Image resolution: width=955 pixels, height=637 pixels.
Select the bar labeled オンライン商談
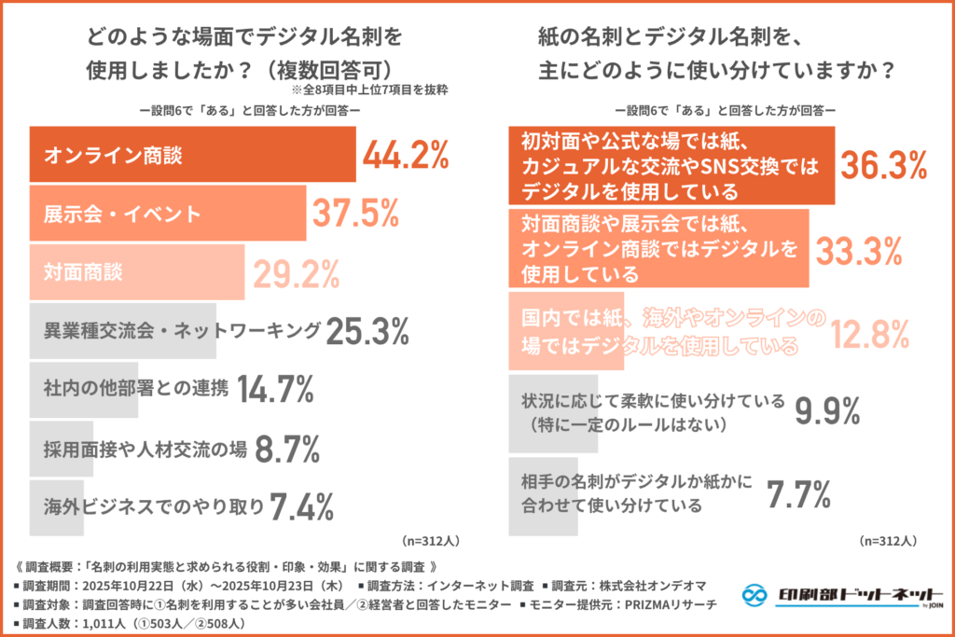(192, 155)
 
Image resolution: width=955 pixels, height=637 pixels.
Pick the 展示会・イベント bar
(168, 214)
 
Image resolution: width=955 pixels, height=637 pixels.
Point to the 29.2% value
(295, 272)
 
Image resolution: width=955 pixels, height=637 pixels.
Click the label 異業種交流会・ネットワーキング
(182, 330)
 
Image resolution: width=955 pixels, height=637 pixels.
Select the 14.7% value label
(275, 389)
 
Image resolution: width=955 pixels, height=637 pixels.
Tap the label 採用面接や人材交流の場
(145, 449)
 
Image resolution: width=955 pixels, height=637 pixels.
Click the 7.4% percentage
(301, 506)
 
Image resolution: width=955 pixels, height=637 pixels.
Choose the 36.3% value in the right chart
(884, 165)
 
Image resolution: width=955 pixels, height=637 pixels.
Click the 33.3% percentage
(858, 249)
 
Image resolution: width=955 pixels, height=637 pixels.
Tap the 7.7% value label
(798, 494)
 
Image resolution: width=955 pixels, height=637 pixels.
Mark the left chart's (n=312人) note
(430, 540)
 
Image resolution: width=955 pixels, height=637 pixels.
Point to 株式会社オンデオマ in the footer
(658, 587)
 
